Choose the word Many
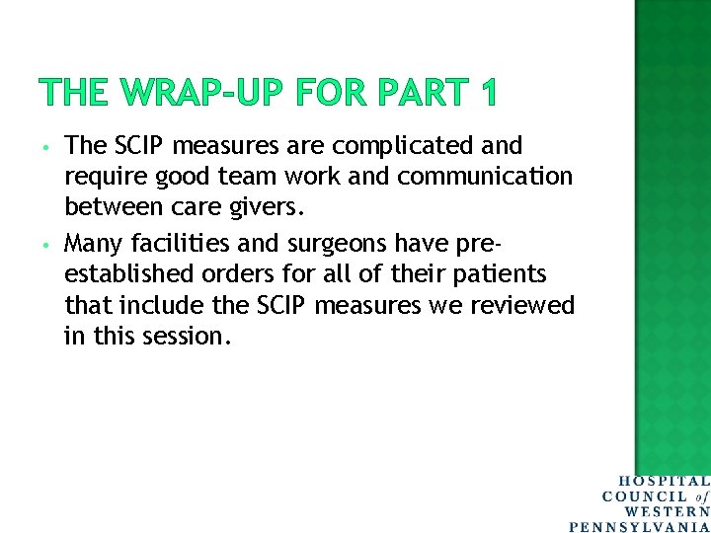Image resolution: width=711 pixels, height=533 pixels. pos(92,242)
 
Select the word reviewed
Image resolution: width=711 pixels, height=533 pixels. pos(523,305)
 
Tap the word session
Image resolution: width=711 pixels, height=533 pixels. pos(184,337)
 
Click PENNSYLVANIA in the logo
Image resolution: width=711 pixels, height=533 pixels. pos(640,526)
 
